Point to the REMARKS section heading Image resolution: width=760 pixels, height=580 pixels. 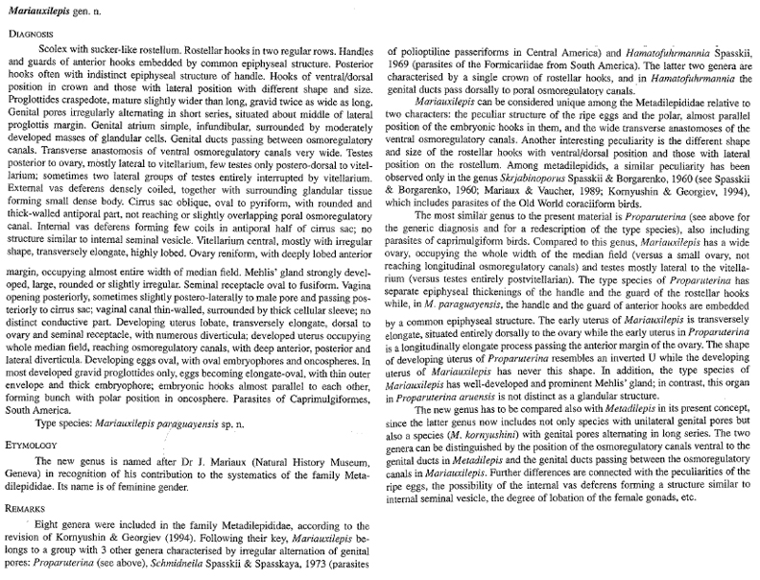[x=31, y=505]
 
